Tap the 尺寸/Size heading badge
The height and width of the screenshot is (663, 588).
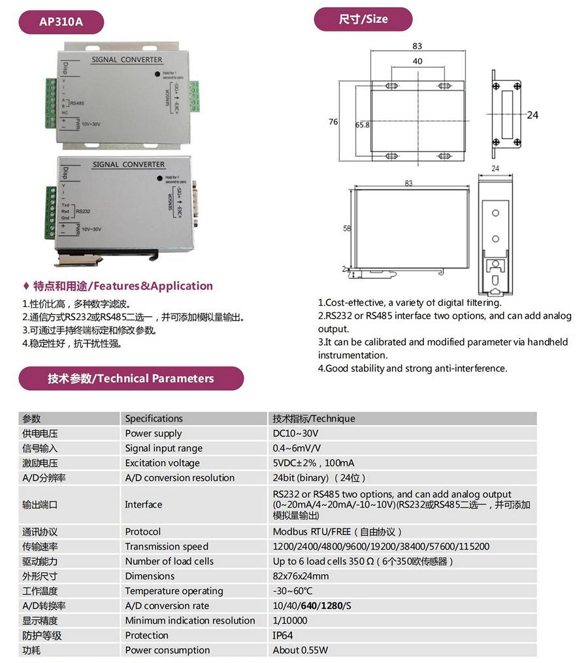point(363,19)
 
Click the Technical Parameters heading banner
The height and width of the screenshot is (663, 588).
point(131,378)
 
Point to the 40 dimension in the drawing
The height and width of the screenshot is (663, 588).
point(417,61)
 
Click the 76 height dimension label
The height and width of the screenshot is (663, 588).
point(333,122)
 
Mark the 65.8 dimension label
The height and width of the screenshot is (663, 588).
point(363,125)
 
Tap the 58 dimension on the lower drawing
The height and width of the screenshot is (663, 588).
point(346,229)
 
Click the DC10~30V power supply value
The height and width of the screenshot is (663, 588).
point(295,433)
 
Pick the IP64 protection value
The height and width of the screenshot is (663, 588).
point(283,635)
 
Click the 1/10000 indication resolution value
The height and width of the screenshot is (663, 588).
point(290,620)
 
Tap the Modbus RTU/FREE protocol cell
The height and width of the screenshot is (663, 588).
point(336,531)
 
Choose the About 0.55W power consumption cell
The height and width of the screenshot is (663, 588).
point(301,650)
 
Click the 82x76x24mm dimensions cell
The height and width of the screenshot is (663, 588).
point(301,575)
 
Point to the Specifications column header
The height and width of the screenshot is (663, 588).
point(154,418)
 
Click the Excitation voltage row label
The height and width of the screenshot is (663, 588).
point(163,463)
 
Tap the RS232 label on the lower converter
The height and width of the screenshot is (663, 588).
point(84,212)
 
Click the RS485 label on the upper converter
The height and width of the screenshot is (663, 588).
point(77,103)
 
